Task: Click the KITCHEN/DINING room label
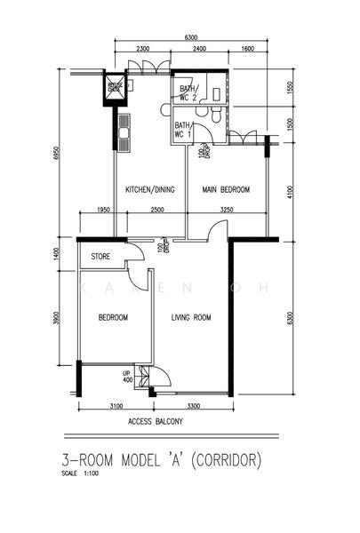[148, 189]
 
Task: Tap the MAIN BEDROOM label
[225, 189]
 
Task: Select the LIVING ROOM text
[190, 317]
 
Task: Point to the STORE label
[101, 259]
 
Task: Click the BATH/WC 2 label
[188, 93]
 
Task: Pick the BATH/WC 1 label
[183, 130]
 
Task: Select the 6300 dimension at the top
[190, 37]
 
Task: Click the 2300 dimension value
[142, 50]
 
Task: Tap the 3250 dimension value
[227, 210]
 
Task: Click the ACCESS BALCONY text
[156, 421]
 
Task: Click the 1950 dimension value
[101, 210]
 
